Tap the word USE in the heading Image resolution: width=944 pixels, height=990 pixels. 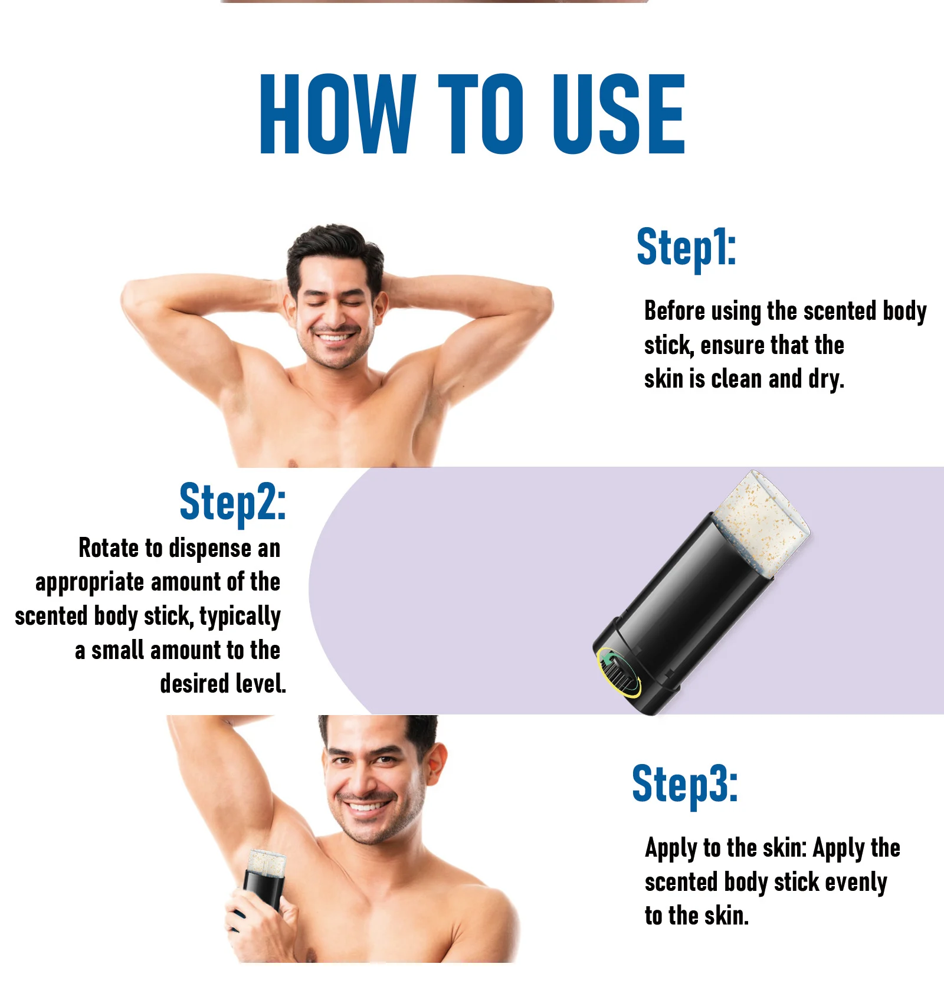click(617, 114)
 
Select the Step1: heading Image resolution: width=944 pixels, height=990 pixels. click(686, 248)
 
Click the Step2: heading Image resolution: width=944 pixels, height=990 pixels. click(232, 503)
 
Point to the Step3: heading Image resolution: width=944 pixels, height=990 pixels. click(684, 785)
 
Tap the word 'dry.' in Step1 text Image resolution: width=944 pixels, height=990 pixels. click(826, 379)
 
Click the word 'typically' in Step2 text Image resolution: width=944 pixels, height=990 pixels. click(240, 617)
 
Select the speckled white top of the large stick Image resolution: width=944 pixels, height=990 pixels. click(761, 522)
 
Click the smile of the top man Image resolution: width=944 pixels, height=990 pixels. click(335, 338)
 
